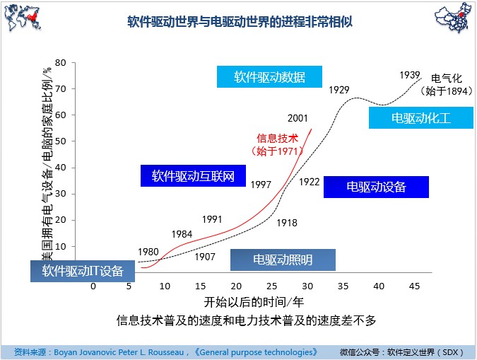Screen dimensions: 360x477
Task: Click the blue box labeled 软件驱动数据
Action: [x=269, y=77]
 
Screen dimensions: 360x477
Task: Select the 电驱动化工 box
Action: [x=420, y=118]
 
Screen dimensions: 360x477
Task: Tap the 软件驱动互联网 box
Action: [x=193, y=175]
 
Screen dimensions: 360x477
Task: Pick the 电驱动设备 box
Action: [x=376, y=187]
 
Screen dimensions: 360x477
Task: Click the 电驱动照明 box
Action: [x=283, y=260]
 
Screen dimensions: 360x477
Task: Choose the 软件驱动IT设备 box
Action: [x=83, y=271]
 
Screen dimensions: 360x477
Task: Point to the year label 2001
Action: [x=298, y=118]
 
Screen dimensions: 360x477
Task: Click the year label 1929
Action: [x=339, y=89]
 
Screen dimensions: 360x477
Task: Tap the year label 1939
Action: [x=410, y=75]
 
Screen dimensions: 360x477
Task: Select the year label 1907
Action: [x=204, y=257]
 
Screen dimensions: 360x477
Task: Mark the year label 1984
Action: [x=182, y=233]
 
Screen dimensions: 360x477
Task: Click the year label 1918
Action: [x=286, y=223]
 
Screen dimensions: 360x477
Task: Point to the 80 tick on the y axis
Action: [x=60, y=63]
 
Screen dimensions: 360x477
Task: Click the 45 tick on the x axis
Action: [x=415, y=286]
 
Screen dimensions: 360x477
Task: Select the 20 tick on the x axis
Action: [x=236, y=286]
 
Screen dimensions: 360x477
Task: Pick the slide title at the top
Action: [x=239, y=22]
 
